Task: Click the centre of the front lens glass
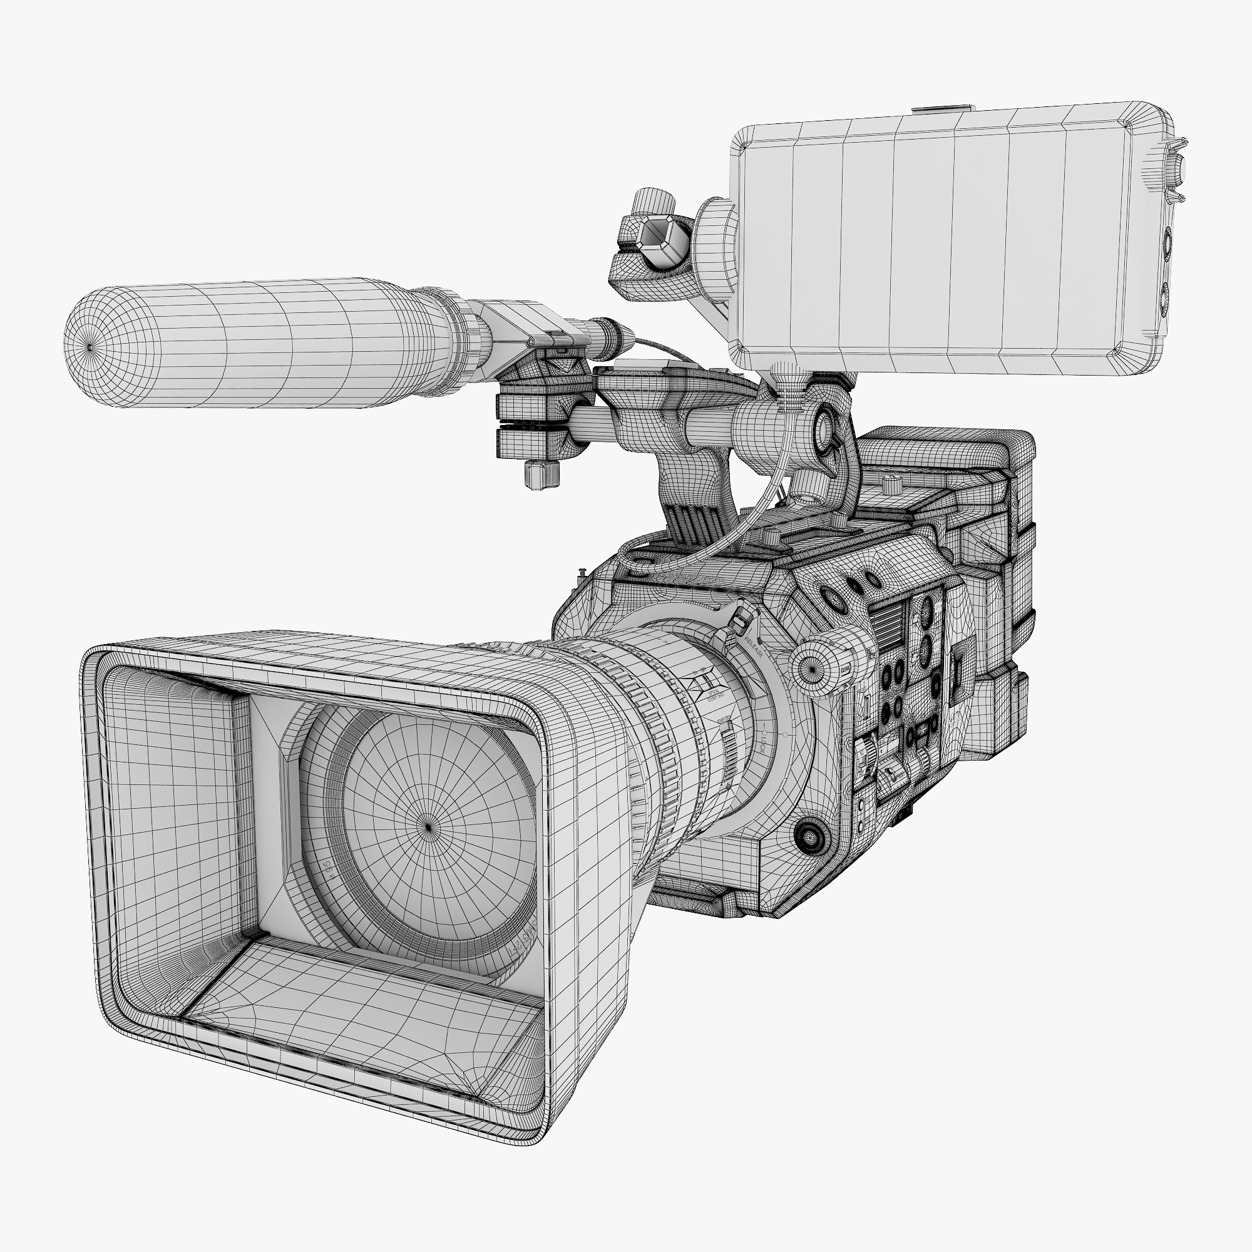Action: [x=428, y=826]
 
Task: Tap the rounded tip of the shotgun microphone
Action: [x=89, y=347]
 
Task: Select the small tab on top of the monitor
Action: [x=943, y=108]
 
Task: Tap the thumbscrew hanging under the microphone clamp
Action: [x=541, y=475]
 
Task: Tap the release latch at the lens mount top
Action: [x=739, y=620]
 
